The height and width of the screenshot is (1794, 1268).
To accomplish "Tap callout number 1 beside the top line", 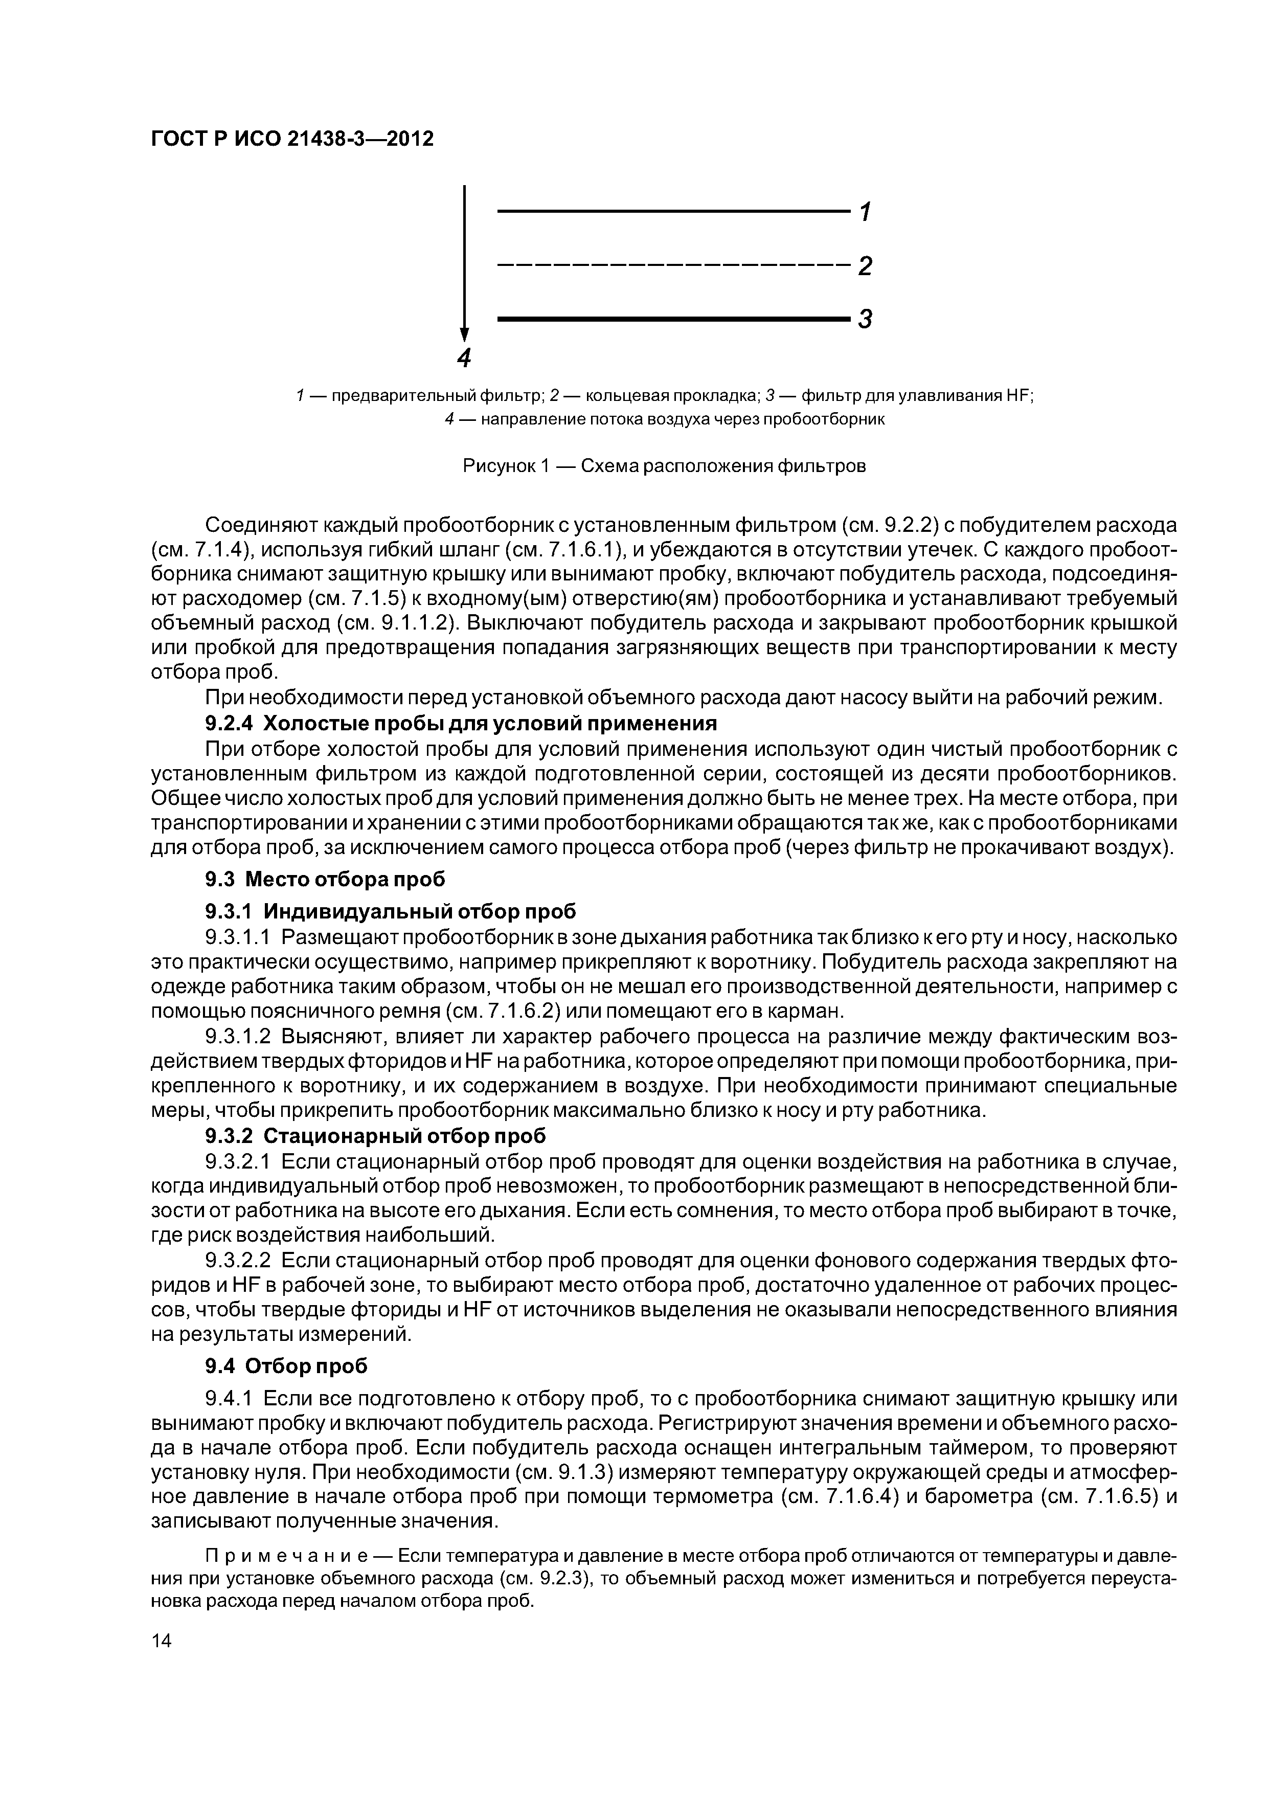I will [865, 212].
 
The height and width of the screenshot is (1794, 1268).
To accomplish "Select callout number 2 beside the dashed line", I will [865, 265].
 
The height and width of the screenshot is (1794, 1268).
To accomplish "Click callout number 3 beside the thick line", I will [865, 319].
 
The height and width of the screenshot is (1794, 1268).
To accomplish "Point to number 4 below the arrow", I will [464, 358].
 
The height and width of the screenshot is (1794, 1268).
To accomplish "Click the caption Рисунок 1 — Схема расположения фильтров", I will [664, 466].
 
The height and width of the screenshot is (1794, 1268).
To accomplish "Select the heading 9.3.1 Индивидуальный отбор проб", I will [391, 911].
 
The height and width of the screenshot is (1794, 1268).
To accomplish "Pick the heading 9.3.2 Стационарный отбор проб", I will [375, 1134].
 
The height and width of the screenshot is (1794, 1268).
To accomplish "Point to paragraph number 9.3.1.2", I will [238, 1036].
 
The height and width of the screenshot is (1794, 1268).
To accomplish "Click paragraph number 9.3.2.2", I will [238, 1260].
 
